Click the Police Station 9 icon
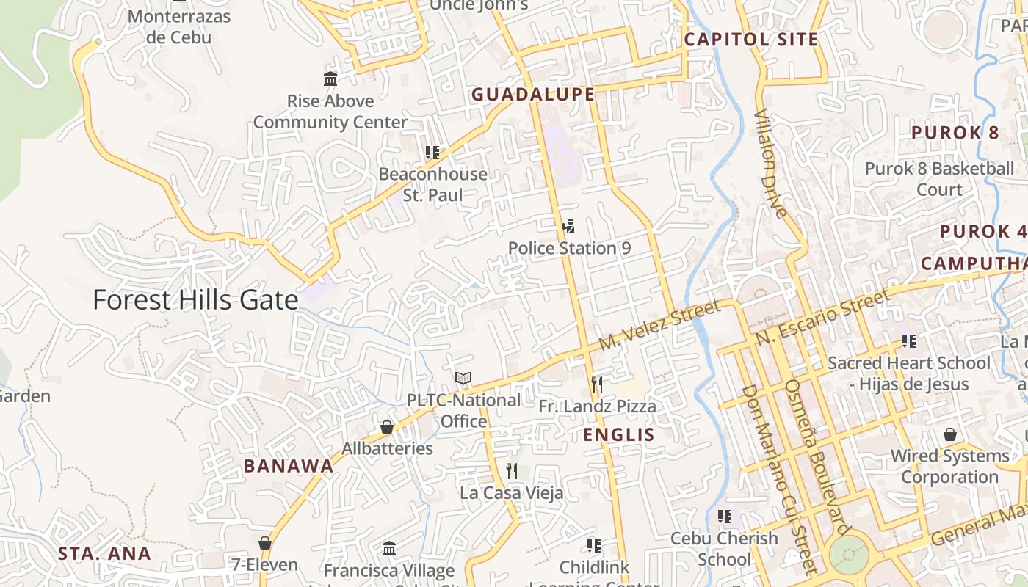568,226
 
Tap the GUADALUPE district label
533,95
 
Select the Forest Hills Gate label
195,300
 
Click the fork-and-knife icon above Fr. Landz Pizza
597,384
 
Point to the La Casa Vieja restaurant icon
512,470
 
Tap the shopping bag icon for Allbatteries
387,427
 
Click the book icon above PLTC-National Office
463,379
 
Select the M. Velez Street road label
649,327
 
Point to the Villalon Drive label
771,164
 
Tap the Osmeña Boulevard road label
816,456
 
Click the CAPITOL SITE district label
751,40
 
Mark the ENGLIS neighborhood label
619,435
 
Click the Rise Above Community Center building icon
330,79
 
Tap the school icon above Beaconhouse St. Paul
432,153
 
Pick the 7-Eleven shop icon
265,543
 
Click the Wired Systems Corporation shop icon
950,434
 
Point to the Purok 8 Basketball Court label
939,179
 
